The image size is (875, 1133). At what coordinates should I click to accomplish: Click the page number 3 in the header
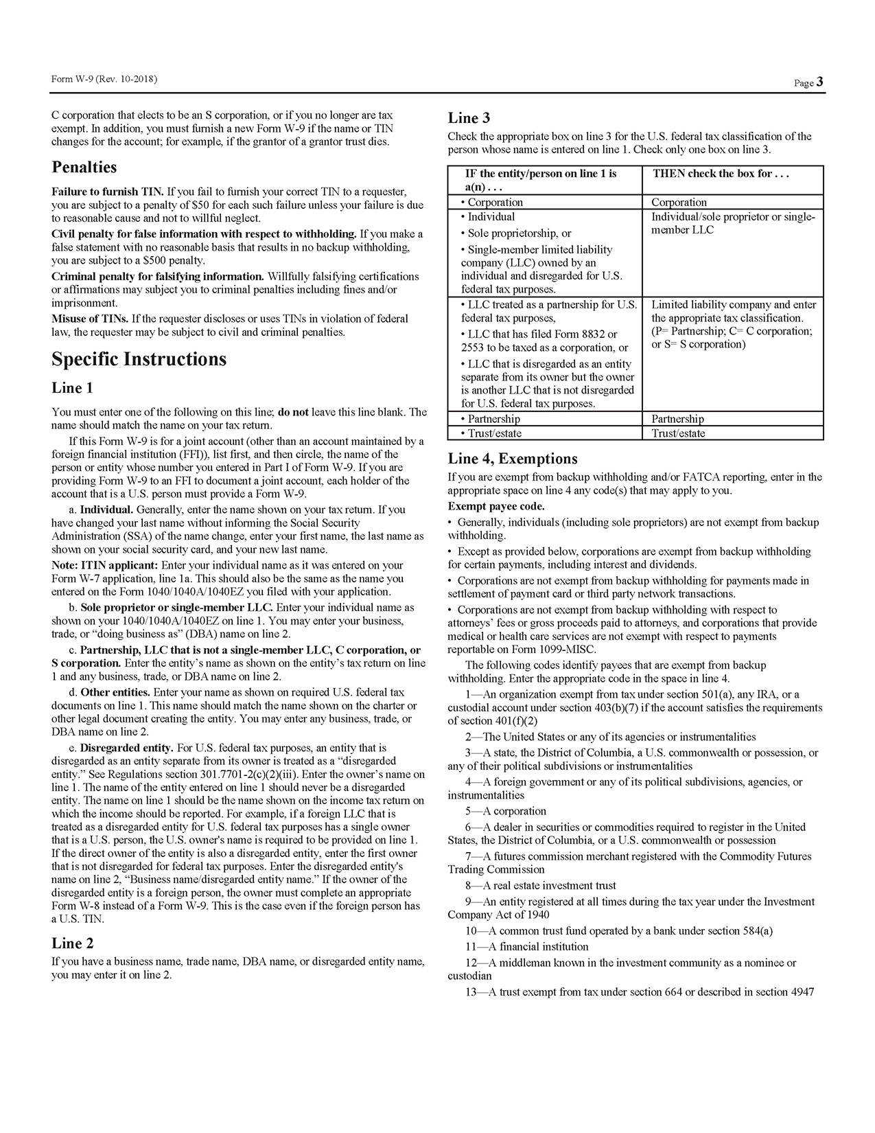820,82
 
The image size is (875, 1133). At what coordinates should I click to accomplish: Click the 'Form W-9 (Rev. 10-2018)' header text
104,80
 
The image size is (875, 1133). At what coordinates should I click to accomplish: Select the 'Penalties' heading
84,168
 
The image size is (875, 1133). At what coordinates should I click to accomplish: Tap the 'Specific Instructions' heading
139,359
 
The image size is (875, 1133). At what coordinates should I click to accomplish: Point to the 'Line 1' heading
72,388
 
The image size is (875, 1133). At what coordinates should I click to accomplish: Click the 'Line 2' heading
73,943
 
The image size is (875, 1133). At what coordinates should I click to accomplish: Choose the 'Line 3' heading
469,118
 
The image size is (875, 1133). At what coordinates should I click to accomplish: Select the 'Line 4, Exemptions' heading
513,459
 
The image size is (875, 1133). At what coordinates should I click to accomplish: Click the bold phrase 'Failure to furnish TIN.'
108,192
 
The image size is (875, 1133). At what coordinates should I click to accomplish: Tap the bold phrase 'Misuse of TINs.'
90,319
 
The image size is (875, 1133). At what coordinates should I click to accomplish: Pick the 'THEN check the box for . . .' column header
721,174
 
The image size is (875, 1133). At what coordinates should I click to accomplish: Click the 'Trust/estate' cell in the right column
678,433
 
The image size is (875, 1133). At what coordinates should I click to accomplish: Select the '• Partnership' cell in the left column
490,419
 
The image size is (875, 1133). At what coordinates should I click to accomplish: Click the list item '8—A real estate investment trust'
540,886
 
